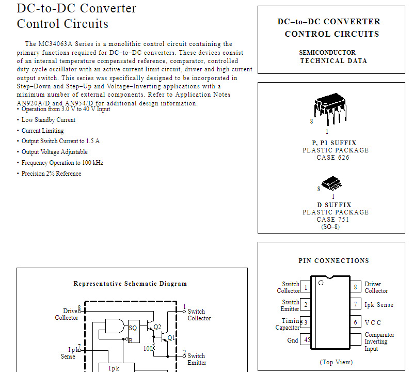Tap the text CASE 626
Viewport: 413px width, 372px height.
click(333, 158)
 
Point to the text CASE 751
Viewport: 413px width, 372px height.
click(333, 220)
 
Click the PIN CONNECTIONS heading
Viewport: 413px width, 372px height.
click(333, 261)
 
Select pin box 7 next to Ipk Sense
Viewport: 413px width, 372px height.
click(355, 305)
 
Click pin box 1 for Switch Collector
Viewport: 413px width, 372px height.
click(306, 287)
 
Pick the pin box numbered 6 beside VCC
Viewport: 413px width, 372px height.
click(355, 322)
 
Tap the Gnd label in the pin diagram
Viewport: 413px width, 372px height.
click(293, 340)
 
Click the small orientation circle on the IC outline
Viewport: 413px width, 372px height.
click(321, 283)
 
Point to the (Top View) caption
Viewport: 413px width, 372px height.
click(336, 362)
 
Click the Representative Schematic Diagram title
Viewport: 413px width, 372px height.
click(130, 284)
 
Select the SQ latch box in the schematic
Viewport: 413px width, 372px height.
click(133, 327)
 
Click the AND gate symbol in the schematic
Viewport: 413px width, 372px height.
click(115, 326)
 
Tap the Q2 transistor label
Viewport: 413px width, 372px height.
click(157, 327)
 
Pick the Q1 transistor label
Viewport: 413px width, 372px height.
click(171, 338)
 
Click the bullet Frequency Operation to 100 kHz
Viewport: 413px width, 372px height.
click(62, 163)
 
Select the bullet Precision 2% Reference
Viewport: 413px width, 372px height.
click(51, 174)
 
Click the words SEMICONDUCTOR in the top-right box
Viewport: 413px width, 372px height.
click(327, 53)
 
